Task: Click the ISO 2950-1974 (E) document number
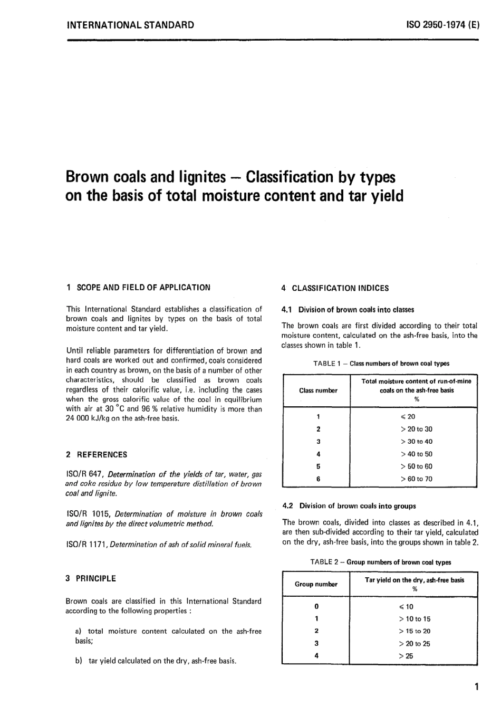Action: (442, 25)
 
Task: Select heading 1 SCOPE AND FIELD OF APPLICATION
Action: (138, 288)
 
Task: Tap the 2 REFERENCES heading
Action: (97, 454)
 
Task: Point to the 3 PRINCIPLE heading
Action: (91, 578)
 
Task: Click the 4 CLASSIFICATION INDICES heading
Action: (335, 288)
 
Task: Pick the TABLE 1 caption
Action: (381, 363)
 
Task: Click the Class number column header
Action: (318, 390)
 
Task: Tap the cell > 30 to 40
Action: (416, 442)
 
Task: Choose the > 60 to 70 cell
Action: (416, 479)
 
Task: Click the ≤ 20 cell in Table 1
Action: (408, 417)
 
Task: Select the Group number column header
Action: (316, 584)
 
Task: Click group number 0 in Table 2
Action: (316, 606)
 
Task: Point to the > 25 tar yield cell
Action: (406, 656)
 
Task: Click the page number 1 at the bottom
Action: (476, 686)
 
